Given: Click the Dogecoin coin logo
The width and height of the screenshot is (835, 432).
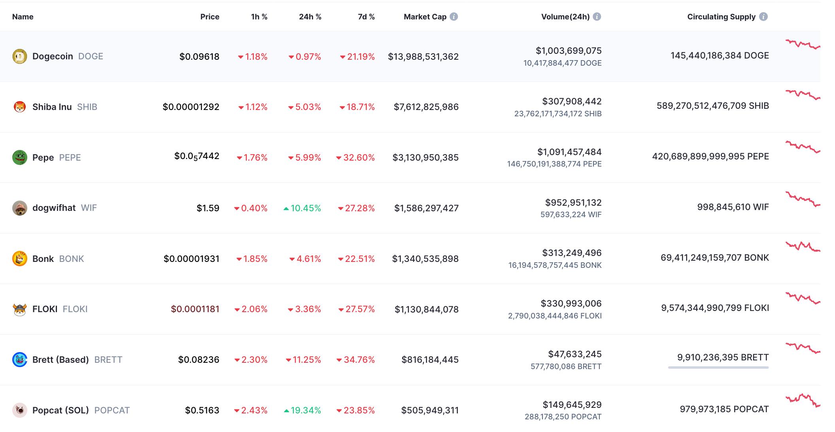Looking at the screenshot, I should coord(20,56).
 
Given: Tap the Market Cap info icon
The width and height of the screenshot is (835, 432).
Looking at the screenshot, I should coord(454,17).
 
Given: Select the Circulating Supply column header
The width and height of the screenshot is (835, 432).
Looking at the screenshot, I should coord(721,17).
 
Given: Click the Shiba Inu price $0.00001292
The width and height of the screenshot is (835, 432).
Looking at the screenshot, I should coord(191,107).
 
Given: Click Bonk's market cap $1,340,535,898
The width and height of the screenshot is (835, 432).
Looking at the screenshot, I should coord(425,259).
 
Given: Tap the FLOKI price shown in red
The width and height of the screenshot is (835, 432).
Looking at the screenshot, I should coord(195,309).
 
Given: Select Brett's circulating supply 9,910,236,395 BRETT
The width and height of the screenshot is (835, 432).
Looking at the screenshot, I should coord(723,357).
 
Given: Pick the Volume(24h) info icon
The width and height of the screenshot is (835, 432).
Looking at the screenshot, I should coord(597,17).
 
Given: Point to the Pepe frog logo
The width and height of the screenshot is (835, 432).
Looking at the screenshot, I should coord(20,157).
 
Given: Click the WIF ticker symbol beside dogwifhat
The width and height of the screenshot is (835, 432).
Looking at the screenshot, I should coord(89,208).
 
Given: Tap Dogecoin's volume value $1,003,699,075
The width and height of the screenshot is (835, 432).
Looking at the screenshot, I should coord(569,51).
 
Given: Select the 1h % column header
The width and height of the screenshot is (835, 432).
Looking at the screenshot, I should coord(259,17).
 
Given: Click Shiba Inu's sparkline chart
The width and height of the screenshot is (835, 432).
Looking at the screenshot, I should coord(803,95).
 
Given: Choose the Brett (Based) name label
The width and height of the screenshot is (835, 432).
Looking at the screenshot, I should coord(60,360).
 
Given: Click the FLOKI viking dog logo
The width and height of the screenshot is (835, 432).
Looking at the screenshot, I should coord(20,309).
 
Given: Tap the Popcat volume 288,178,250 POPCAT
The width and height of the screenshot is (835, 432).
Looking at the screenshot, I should coord(563,417).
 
